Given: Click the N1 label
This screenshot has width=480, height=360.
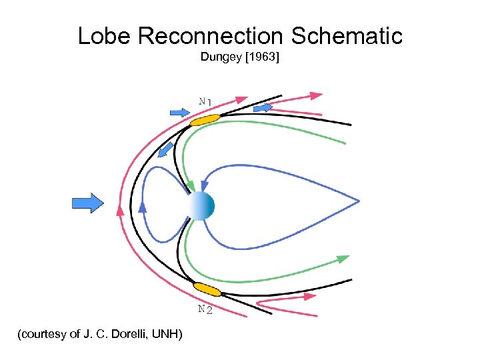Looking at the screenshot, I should pos(205,101).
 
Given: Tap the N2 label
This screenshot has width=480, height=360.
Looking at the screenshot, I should pos(205,309).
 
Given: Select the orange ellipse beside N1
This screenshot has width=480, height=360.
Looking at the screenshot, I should pos(205,120).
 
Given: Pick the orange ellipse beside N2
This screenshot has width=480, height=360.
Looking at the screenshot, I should pos(207,290).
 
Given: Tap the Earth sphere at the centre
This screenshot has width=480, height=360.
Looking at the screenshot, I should pos(201,206).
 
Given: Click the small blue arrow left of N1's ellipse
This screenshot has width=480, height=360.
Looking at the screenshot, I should pos(180,113).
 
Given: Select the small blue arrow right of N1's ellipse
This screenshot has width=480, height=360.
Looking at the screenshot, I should pos(263,107).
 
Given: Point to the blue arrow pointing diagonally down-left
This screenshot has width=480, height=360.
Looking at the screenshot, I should pos(166,150).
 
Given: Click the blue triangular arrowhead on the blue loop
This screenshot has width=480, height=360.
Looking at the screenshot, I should pos(142,207).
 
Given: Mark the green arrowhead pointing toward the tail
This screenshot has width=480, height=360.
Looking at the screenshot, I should pos(343,258).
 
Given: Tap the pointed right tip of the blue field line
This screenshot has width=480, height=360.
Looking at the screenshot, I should pos(358,201).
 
